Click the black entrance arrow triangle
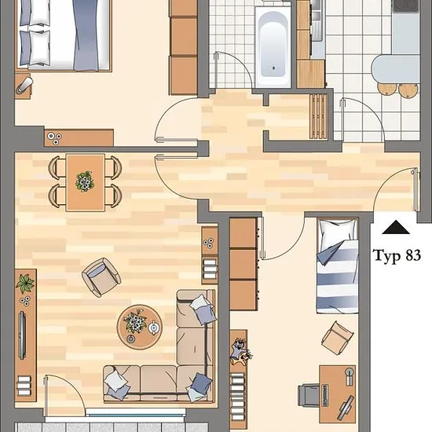coord(396,227)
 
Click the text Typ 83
coord(397,255)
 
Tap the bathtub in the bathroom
coord(273,46)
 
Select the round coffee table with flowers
coord(140,327)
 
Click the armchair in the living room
coord(101,277)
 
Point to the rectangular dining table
coord(86,182)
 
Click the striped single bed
coord(338,265)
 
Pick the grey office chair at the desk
coord(309,395)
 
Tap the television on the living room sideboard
coord(22,335)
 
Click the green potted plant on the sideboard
coord(25,284)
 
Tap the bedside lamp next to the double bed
coord(24,85)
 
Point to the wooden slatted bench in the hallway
coord(318,116)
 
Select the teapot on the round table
coord(153,328)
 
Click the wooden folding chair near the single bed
coord(338,338)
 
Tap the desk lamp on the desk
coord(350,375)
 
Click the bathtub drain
coord(273,68)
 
